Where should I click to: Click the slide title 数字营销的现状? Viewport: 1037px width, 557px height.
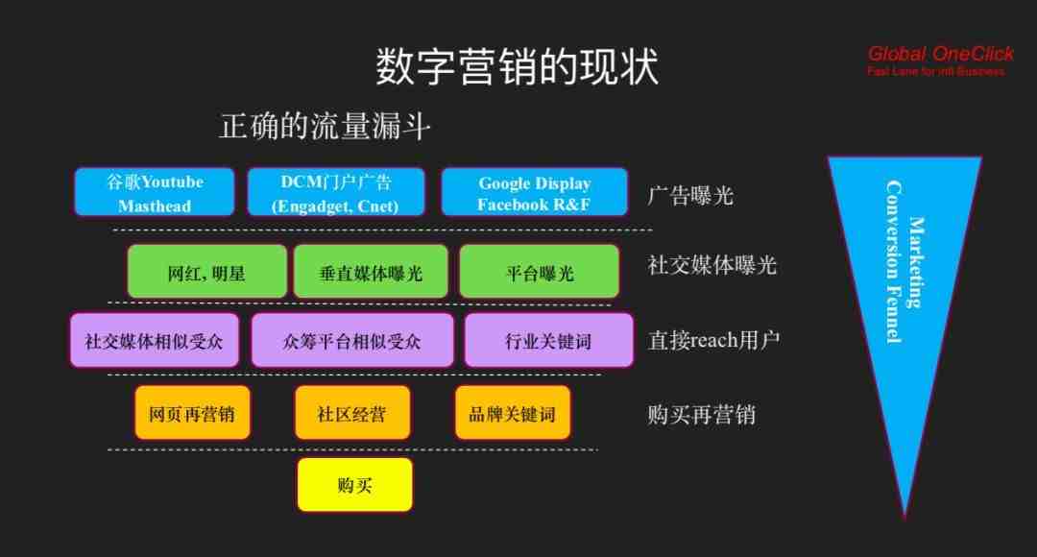(x=518, y=66)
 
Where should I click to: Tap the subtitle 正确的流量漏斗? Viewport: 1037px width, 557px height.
(x=325, y=126)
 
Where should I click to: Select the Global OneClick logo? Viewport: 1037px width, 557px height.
(x=940, y=61)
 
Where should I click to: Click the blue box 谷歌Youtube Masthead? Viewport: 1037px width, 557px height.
(x=154, y=192)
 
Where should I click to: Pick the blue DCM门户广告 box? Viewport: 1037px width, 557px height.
(x=336, y=192)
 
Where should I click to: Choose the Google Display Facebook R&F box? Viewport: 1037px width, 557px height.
(x=535, y=192)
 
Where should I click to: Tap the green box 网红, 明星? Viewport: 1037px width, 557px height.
(x=207, y=271)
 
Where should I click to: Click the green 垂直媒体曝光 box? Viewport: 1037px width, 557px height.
(x=371, y=271)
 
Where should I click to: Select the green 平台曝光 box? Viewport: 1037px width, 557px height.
(x=540, y=271)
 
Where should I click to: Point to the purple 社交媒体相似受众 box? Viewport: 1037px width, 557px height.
(x=154, y=341)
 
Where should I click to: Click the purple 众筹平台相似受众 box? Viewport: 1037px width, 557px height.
(x=352, y=341)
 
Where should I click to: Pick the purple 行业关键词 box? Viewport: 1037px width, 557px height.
(x=549, y=341)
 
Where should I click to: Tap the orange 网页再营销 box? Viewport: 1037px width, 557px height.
(x=192, y=413)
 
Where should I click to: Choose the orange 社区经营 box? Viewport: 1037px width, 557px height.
(x=352, y=413)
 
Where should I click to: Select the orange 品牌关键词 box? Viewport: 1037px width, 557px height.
(x=513, y=413)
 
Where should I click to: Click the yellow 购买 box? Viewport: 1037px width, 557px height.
(x=355, y=485)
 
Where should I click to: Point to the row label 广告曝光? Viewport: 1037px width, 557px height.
(x=690, y=195)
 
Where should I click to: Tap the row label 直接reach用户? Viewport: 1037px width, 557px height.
(x=713, y=340)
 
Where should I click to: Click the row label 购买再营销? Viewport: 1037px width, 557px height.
(x=701, y=415)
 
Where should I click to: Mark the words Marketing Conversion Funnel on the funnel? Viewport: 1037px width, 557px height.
(x=904, y=262)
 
